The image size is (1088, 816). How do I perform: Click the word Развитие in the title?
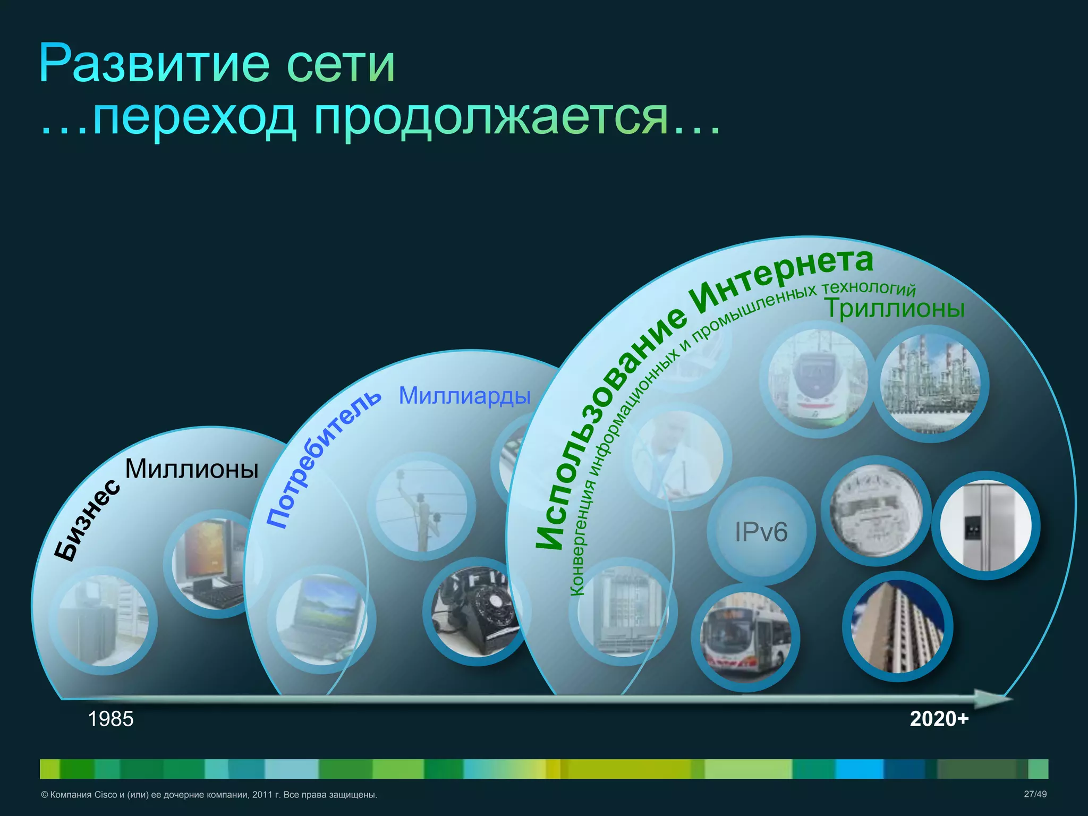(x=154, y=65)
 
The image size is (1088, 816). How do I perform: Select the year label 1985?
(x=110, y=719)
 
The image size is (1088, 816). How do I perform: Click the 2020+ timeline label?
(x=939, y=719)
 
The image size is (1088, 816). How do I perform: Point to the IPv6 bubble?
(x=761, y=532)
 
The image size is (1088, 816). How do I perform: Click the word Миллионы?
(x=191, y=469)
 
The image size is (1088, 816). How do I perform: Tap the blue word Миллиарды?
(x=464, y=396)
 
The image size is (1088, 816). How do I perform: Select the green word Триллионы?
(x=894, y=309)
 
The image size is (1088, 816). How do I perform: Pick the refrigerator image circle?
(x=985, y=526)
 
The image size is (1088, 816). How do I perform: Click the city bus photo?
(x=745, y=637)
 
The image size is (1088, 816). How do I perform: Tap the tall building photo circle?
(x=898, y=627)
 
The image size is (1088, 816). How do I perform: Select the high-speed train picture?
(x=817, y=380)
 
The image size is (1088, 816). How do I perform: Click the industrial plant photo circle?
(x=930, y=384)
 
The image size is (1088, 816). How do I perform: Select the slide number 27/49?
(x=1035, y=794)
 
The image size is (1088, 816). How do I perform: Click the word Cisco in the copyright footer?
(x=105, y=795)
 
